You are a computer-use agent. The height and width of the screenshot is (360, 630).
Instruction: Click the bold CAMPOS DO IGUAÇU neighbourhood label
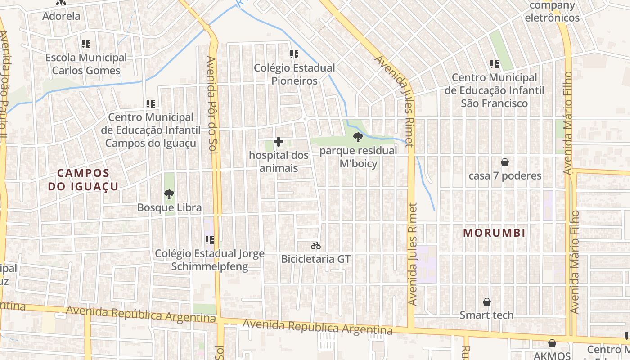point(84,180)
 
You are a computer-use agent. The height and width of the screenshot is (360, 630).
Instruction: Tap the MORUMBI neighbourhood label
point(495,233)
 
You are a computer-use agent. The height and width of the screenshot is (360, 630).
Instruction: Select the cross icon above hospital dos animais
point(279,142)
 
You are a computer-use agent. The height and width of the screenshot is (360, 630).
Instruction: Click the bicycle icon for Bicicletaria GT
point(316,246)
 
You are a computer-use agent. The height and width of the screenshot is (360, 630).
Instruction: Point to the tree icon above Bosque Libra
point(169,194)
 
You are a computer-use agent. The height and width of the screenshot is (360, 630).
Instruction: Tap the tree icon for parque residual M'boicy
point(358,137)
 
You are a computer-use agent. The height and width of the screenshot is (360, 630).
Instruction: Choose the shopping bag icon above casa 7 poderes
point(505,162)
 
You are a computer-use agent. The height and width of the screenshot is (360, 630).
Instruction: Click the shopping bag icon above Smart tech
point(486,302)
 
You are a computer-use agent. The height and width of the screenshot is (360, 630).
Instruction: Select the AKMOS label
point(552,355)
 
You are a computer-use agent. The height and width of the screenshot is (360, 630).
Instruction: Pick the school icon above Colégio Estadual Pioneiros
point(294,55)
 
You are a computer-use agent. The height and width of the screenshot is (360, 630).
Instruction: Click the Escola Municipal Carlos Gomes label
point(86,64)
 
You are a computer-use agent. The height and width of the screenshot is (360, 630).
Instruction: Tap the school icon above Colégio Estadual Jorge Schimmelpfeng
point(209,240)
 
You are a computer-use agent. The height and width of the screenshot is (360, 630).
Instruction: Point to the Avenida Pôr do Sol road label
point(212,104)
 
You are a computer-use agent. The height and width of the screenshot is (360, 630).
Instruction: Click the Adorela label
point(61,16)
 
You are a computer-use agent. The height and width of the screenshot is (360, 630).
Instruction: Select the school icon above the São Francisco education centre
point(495,64)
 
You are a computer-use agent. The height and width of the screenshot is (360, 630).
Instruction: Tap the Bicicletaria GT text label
point(315,259)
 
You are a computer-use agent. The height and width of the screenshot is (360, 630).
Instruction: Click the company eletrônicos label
point(553,12)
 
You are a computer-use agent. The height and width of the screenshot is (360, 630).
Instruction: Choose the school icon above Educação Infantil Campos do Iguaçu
point(151,104)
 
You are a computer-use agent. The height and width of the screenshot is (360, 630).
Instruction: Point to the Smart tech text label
point(486,315)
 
